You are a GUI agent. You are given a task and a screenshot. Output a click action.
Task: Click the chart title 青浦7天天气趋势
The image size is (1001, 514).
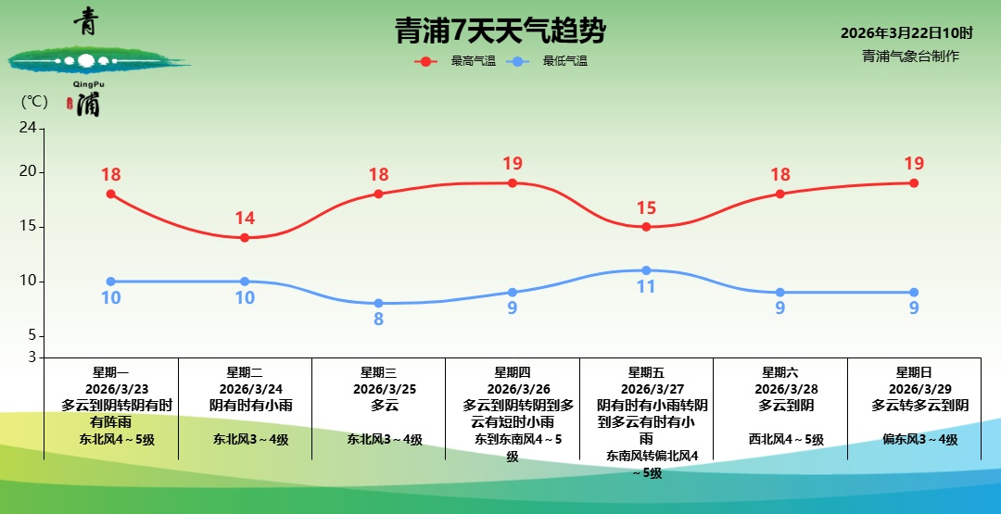tap(500, 31)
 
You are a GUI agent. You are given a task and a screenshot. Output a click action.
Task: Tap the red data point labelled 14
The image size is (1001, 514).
tap(245, 238)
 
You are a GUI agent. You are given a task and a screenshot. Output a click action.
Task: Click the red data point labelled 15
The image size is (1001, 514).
tap(646, 227)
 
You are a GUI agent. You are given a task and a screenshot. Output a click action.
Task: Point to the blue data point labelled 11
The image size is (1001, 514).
tap(646, 270)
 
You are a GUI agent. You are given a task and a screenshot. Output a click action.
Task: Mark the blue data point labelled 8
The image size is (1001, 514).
tap(378, 304)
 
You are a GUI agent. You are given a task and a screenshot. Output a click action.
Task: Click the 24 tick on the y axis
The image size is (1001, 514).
tap(27, 128)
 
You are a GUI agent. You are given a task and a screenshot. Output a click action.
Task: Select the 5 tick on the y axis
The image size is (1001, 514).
tap(31, 335)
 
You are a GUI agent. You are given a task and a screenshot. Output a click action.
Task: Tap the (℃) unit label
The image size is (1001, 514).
tap(33, 102)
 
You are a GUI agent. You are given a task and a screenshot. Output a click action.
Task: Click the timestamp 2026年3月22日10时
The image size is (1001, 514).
tap(906, 33)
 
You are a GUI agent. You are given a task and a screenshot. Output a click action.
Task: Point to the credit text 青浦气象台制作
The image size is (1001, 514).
tap(910, 56)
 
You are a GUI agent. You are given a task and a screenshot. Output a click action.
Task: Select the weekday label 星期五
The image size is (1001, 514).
tap(646, 372)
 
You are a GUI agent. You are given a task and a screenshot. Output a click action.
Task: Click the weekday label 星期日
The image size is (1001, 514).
tap(914, 372)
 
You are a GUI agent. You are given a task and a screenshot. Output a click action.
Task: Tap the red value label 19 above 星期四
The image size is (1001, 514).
tap(513, 164)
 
